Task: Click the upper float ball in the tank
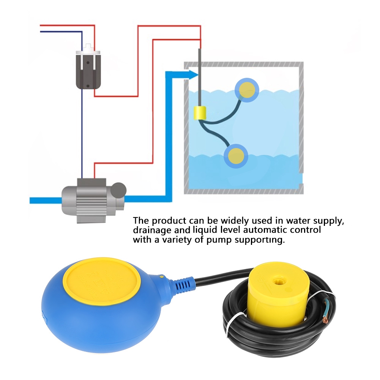(x=247, y=90)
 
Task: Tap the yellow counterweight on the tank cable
(x=200, y=113)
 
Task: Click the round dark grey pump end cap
(x=118, y=190)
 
